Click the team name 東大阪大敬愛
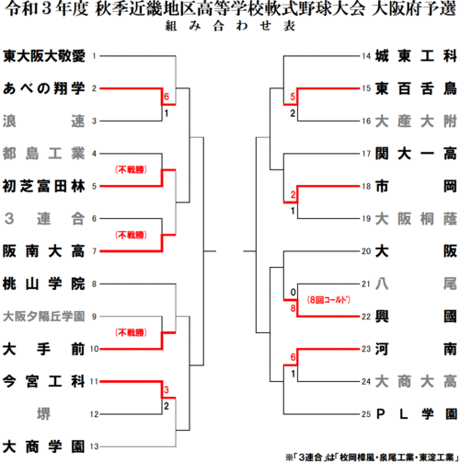tap(44, 56)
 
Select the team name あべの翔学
tap(44, 88)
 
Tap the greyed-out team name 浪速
tap(44, 122)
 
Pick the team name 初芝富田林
tap(44, 186)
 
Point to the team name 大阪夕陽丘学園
tap(44, 317)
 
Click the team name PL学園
tap(417, 414)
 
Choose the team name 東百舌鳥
tap(417, 88)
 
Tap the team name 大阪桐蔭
tap(417, 219)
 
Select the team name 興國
tap(417, 317)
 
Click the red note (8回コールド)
tap(328, 300)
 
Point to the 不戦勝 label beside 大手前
tap(131, 332)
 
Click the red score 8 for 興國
tap(293, 308)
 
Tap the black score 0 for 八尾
tap(293, 292)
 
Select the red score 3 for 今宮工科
tap(167, 390)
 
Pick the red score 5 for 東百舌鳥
tap(293, 97)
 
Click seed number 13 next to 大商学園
tap(94, 446)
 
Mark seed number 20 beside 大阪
tap(366, 251)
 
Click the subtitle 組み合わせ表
tap(230, 26)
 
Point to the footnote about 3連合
tap(372, 457)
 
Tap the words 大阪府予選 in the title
tap(414, 9)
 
